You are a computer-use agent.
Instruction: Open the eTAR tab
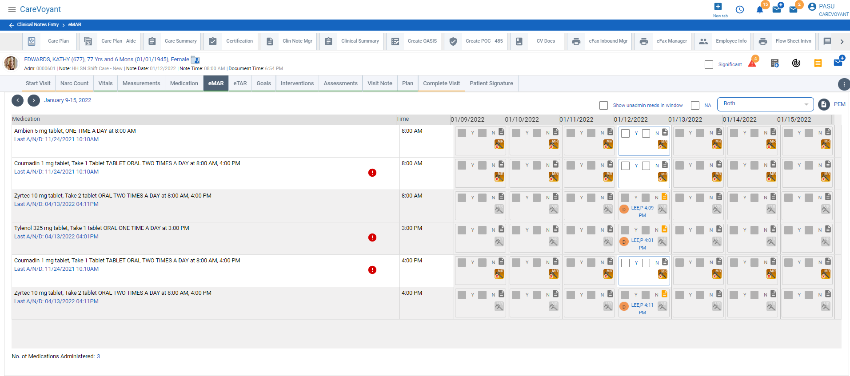click(240, 83)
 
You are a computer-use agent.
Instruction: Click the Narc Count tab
click(74, 83)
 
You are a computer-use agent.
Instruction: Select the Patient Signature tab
click(491, 83)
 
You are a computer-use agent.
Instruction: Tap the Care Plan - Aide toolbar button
click(111, 41)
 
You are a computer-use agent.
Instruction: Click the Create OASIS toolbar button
click(415, 41)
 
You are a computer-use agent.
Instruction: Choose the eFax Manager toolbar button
click(663, 41)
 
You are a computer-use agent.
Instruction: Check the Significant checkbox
click(709, 64)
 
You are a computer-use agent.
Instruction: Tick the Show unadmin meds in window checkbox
click(603, 105)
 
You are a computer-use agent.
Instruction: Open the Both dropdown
click(765, 104)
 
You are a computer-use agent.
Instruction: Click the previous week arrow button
click(18, 100)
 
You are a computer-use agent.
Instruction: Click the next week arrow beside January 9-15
click(34, 100)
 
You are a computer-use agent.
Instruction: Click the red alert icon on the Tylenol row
click(372, 237)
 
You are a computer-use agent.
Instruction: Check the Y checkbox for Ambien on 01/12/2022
click(625, 133)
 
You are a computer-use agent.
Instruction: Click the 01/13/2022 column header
click(685, 119)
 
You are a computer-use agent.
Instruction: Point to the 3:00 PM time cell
click(412, 228)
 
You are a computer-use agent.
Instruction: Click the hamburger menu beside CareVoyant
click(12, 9)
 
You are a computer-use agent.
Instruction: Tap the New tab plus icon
click(718, 7)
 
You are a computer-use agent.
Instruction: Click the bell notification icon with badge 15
click(760, 10)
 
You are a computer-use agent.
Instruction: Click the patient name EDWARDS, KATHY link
click(106, 59)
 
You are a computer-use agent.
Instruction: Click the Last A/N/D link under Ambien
click(56, 139)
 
